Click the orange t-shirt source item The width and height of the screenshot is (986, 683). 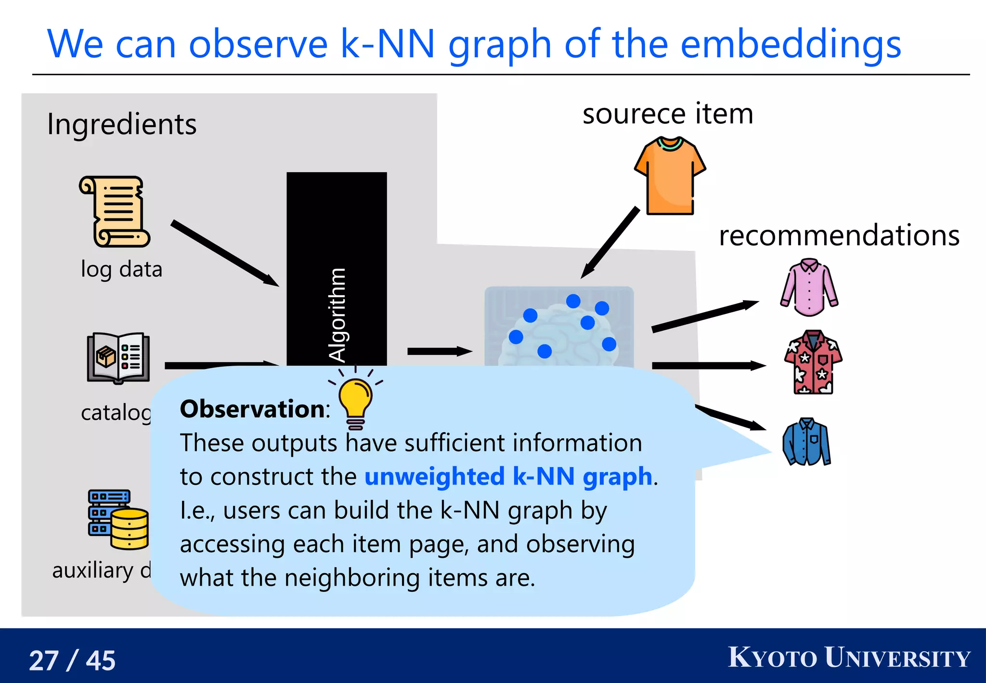[670, 176]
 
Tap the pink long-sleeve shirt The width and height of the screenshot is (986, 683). [809, 288]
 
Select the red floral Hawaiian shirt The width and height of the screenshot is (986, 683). [813, 362]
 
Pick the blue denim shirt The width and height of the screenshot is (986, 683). [807, 442]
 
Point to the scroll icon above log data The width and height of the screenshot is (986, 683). [115, 211]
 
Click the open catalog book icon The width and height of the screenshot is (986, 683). [118, 358]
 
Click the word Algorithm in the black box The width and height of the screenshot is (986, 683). [337, 315]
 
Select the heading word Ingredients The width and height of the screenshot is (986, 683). [122, 124]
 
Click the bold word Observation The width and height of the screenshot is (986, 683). [253, 409]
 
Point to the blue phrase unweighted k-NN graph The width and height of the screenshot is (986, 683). [508, 476]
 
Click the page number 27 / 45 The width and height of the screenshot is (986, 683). [72, 660]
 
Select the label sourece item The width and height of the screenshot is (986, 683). [668, 114]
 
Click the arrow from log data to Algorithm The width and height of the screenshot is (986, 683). [224, 253]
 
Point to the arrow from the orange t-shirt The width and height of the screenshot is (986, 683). [610, 243]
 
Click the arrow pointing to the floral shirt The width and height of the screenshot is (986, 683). [708, 366]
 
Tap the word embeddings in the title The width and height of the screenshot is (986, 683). [791, 44]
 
